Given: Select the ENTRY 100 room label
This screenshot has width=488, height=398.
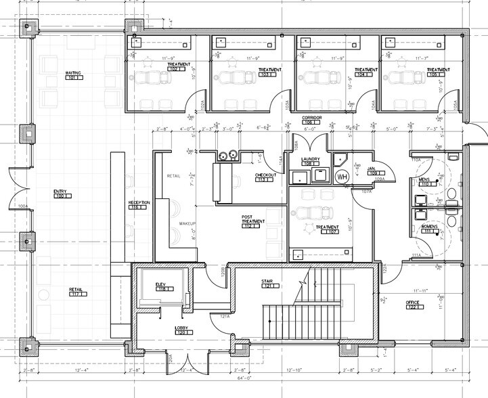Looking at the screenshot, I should click(x=61, y=194).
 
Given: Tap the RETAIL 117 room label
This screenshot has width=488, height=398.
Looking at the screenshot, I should click(x=75, y=292).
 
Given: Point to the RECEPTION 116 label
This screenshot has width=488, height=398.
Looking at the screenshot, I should click(x=138, y=205).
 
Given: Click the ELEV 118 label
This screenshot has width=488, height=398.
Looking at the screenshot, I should click(x=161, y=286).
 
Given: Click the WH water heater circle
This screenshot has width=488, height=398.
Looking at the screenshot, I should click(x=342, y=177).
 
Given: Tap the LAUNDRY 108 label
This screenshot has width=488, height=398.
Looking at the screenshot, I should click(x=310, y=161).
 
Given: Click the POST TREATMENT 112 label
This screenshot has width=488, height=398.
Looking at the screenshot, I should click(x=252, y=221).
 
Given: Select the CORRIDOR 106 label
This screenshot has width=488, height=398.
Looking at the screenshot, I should click(x=311, y=120).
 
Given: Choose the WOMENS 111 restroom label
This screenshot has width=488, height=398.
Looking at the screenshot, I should click(x=429, y=228).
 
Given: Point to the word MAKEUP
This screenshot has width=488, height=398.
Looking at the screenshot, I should click(x=187, y=223).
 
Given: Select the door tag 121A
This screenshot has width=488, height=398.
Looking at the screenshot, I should click(x=225, y=316).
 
